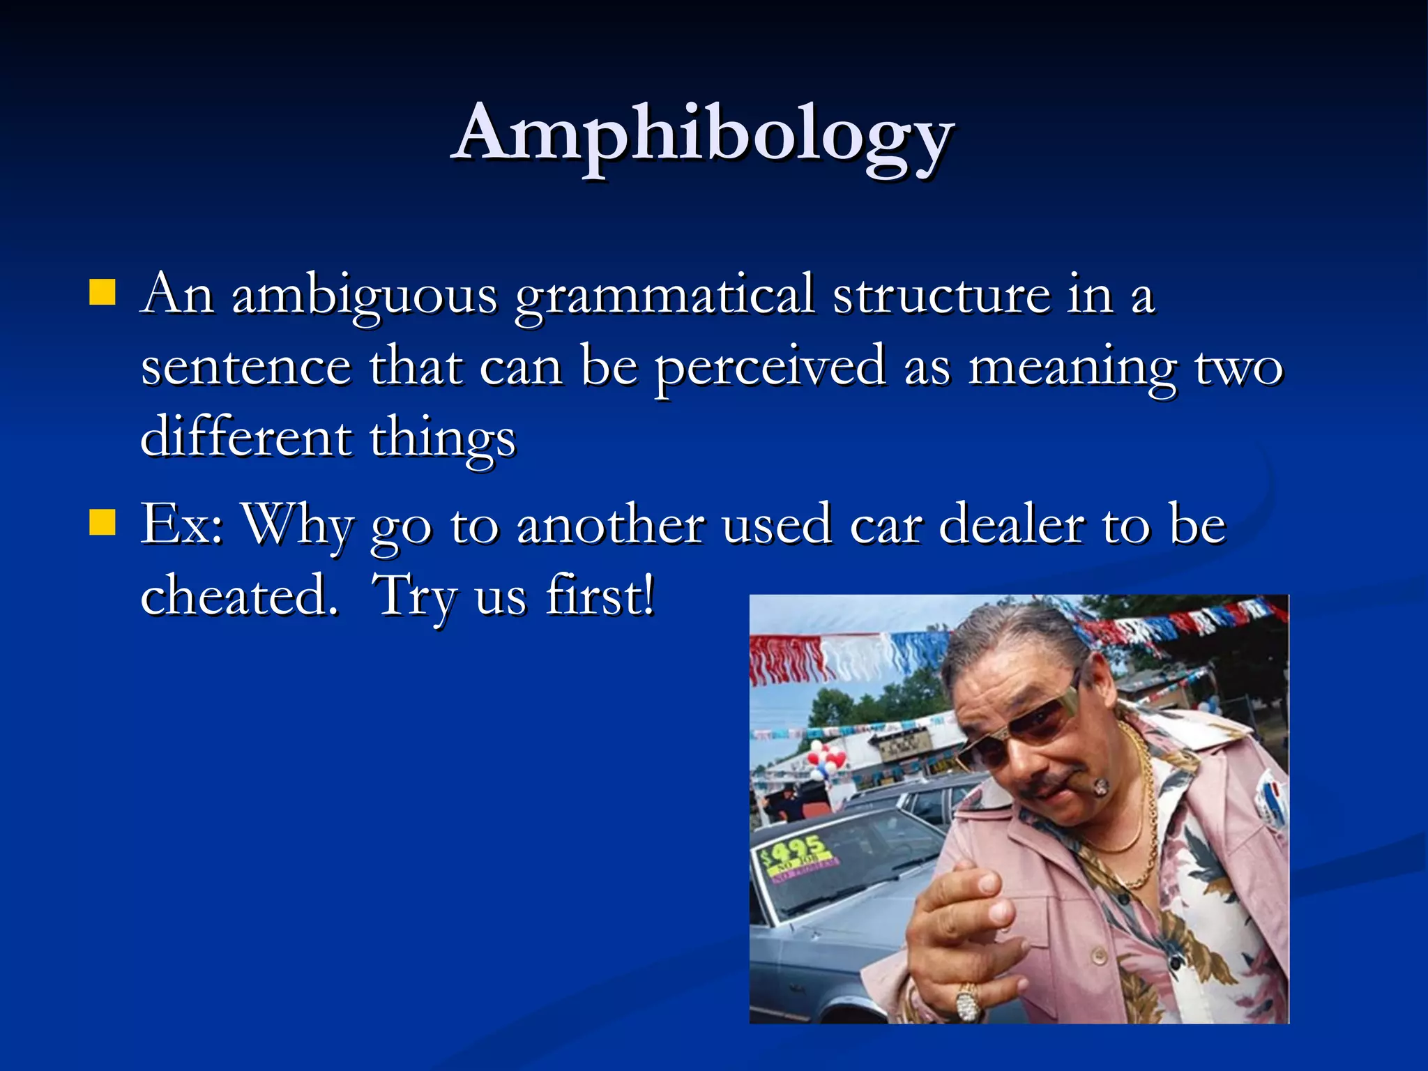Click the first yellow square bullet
click(102, 293)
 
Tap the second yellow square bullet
click(102, 522)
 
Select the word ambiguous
click(364, 296)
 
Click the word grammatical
click(664, 296)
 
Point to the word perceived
click(770, 368)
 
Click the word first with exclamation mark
click(600, 595)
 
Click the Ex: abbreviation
click(181, 524)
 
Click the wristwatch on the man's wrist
click(968, 1004)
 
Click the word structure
click(941, 296)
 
